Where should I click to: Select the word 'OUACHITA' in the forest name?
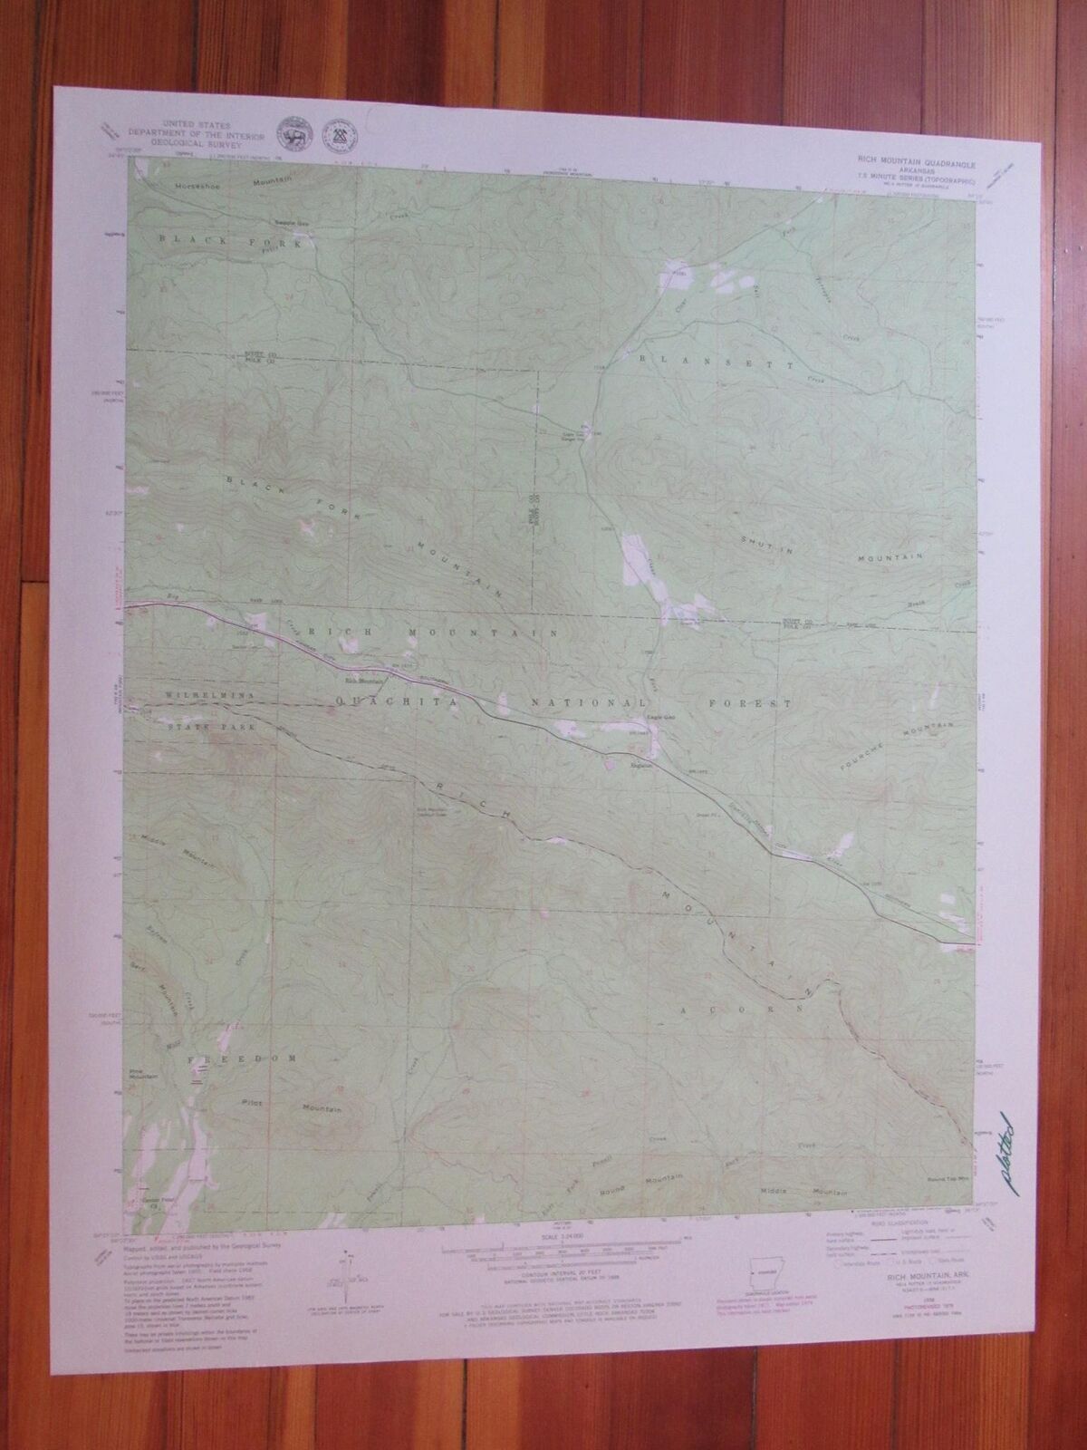[x=374, y=701]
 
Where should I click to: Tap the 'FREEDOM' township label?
[x=242, y=1058]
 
